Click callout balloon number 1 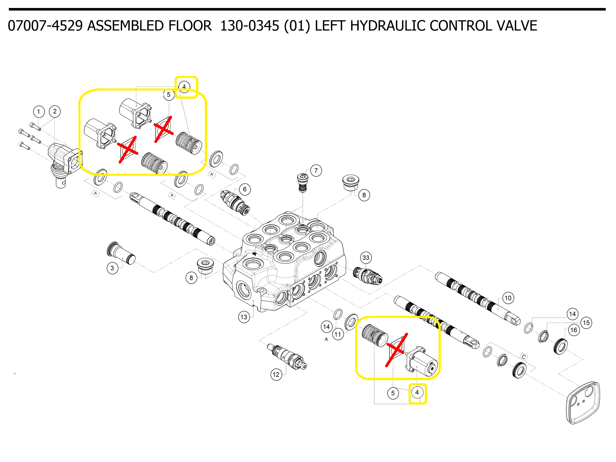(39, 112)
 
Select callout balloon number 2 (55, 111)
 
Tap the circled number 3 (112, 268)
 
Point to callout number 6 (245, 189)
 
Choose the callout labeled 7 (316, 171)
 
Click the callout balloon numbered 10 (508, 298)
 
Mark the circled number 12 (276, 375)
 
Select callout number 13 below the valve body (244, 317)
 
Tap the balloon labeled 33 (366, 258)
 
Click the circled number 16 (574, 330)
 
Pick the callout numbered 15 (586, 323)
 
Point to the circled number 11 (338, 334)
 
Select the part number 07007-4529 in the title (46, 26)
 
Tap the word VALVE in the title (517, 26)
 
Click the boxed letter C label (524, 357)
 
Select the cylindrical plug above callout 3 (121, 253)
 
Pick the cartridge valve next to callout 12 (287, 356)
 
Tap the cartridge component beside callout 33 (367, 276)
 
